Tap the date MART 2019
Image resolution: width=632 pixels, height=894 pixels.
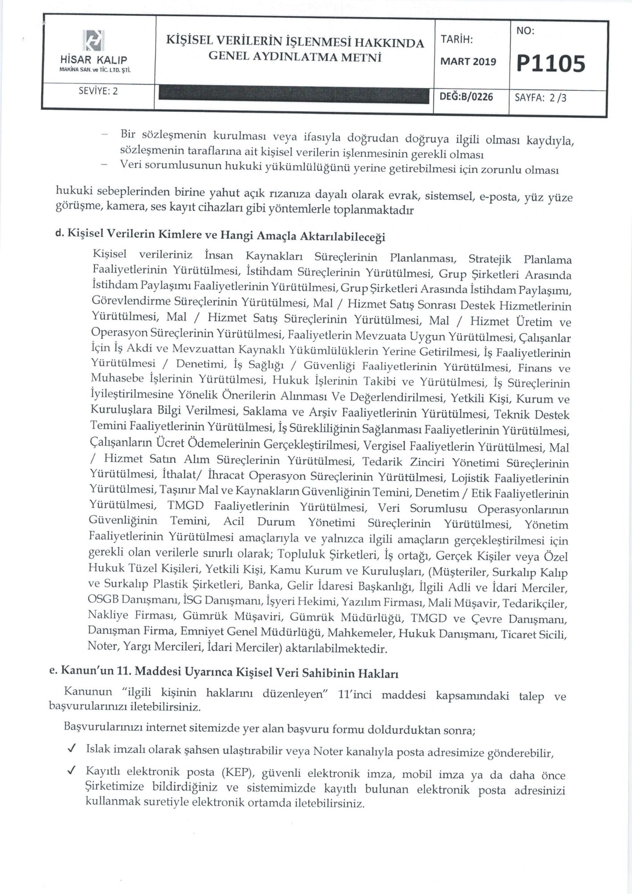[x=468, y=62]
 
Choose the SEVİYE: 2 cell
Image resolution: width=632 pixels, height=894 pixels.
[x=98, y=91]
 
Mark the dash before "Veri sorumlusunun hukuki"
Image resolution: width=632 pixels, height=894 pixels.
[x=105, y=164]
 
